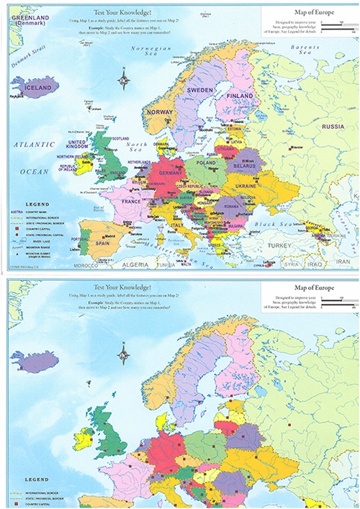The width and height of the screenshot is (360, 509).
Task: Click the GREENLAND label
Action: click(x=27, y=12)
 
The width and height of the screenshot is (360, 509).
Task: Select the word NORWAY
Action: click(x=159, y=112)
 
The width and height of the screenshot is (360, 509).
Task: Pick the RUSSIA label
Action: click(x=333, y=127)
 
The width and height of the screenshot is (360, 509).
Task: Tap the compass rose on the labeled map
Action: click(x=125, y=76)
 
